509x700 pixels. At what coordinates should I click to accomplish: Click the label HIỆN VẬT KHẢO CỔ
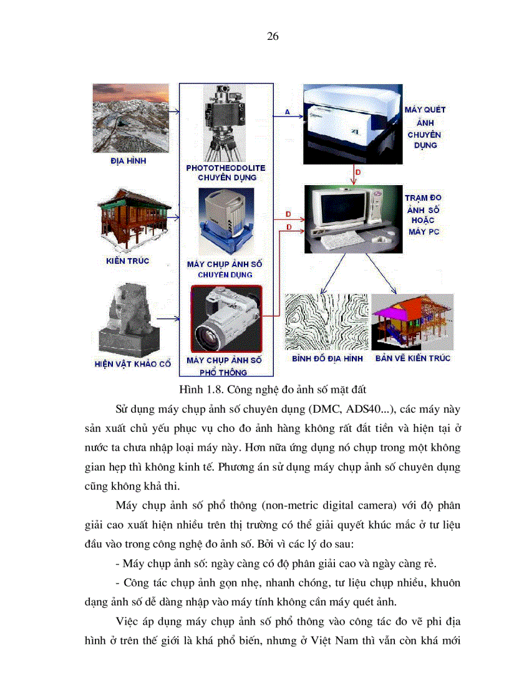132,363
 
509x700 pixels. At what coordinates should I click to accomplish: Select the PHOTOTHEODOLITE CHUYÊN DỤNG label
225,173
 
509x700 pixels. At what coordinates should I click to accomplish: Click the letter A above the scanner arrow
288,111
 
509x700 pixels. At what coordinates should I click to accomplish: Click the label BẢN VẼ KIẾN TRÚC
412,358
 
